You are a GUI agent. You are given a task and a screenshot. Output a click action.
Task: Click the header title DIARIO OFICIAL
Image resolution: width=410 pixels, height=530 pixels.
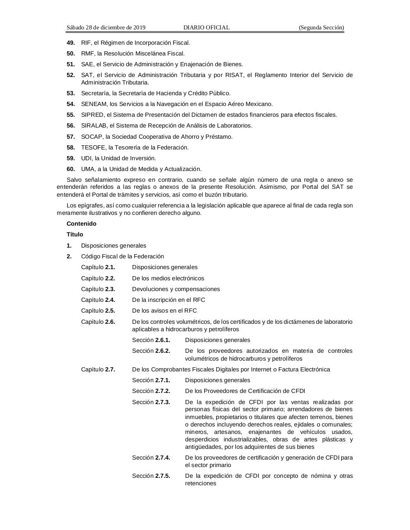(x=206, y=28)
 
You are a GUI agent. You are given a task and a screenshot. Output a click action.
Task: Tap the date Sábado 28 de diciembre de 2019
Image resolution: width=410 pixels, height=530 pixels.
(x=106, y=28)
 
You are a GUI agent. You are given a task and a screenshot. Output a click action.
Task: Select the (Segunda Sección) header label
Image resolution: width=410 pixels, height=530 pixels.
(x=321, y=28)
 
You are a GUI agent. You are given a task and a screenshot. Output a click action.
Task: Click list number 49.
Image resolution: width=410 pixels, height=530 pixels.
(x=71, y=43)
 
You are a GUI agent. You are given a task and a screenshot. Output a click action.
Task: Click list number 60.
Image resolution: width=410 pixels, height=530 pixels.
(x=71, y=169)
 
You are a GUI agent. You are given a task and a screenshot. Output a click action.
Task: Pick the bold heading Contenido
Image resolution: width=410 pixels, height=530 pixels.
(x=81, y=224)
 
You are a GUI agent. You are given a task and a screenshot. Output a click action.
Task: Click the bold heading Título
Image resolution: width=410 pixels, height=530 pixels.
(x=75, y=234)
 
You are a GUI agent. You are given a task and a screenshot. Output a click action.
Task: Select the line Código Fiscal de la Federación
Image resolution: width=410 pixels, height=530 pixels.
(x=122, y=256)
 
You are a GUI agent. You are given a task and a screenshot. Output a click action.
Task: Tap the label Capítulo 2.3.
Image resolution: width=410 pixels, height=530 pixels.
(x=98, y=289)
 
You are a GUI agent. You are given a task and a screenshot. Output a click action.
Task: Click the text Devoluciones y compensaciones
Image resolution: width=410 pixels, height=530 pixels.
(x=176, y=289)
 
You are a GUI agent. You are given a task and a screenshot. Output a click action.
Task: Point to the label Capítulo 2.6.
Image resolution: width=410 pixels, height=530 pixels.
(x=98, y=322)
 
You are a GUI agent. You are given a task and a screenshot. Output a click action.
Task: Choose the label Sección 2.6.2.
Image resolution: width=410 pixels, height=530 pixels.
(x=151, y=351)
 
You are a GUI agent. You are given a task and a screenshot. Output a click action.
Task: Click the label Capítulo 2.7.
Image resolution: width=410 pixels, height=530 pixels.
(x=98, y=369)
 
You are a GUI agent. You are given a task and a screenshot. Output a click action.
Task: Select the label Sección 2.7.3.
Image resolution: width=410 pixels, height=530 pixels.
(x=151, y=402)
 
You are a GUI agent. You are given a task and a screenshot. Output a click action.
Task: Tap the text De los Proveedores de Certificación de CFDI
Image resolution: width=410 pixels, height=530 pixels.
(x=245, y=391)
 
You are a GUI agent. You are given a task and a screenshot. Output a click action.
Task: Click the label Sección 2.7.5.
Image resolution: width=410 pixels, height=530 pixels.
(x=151, y=476)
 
